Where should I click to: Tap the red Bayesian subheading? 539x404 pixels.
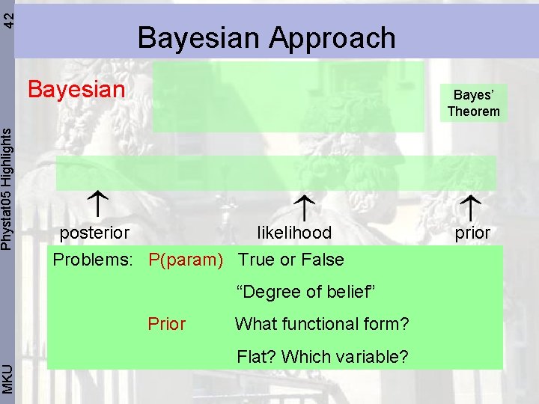[76, 90]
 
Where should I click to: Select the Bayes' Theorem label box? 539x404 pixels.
[473, 103]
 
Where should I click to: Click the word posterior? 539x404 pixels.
[94, 233]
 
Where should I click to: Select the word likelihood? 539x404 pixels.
[293, 233]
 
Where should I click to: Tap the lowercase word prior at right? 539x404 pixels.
[472, 233]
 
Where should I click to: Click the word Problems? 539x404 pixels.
[93, 260]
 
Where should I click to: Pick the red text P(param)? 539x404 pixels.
[186, 260]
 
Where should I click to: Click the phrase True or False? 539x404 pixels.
[291, 260]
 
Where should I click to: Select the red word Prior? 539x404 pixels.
[167, 324]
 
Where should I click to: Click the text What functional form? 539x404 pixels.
[322, 324]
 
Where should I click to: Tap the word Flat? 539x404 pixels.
[257, 357]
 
